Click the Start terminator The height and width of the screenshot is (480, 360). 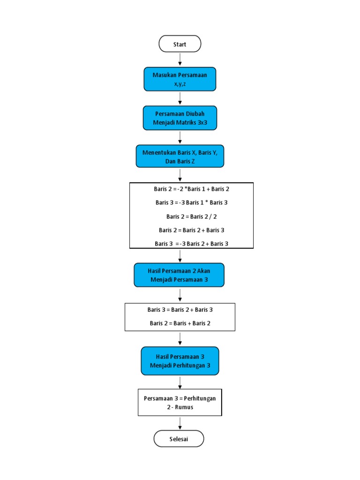coord(180,44)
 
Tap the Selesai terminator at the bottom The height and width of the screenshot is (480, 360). coord(179,439)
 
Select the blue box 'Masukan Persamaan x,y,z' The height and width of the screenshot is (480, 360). coord(180,79)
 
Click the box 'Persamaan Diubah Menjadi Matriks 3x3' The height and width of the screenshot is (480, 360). coord(180,118)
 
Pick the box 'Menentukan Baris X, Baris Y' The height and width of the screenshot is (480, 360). coord(180,156)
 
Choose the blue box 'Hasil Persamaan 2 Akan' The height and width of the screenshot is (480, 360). coord(179,275)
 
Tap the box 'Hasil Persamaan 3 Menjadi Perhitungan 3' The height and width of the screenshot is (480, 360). coord(180,360)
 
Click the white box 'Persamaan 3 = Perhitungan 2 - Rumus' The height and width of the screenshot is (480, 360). coord(180,402)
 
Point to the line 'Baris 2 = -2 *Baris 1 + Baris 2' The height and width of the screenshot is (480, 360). coord(191,188)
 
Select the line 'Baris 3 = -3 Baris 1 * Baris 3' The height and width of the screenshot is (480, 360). coord(191,202)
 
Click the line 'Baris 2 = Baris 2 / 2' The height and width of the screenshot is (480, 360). coord(191,216)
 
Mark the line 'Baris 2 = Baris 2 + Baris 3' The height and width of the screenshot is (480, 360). coord(191,230)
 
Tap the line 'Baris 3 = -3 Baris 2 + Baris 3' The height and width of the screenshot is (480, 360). coord(191,243)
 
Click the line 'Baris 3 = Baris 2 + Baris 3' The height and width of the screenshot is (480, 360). coord(180,310)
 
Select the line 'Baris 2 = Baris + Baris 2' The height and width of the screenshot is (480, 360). coord(180,323)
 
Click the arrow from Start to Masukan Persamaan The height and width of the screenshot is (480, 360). coord(180,60)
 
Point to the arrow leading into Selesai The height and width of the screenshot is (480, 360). coord(180,423)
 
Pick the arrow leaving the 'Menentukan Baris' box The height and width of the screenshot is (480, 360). coord(180,175)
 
